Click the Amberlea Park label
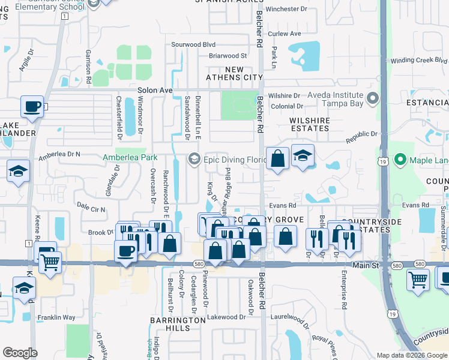click(x=130, y=157)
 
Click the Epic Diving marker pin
click(x=193, y=159)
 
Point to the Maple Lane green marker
click(x=400, y=160)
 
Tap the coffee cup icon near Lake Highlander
click(x=32, y=107)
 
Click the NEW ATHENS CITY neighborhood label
click(x=234, y=74)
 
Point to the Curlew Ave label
click(x=285, y=34)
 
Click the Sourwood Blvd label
click(x=193, y=44)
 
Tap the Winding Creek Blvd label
click(x=419, y=61)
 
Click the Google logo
click(x=20, y=353)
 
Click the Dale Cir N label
click(x=91, y=209)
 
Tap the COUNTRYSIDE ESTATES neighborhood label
click(x=360, y=226)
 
